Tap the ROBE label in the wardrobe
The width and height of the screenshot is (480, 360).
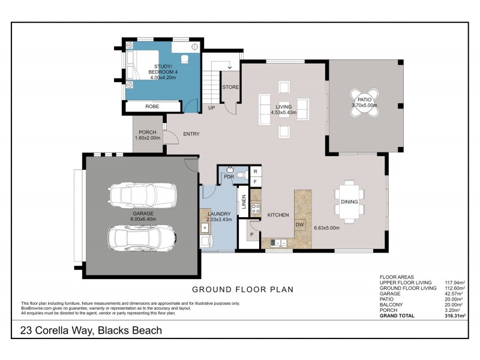tap(152, 107)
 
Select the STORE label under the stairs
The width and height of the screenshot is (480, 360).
tap(230, 87)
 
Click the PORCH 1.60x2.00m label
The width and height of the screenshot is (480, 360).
tap(148, 135)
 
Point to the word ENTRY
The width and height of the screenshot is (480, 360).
tap(191, 134)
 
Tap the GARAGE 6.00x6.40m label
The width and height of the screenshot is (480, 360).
tap(143, 216)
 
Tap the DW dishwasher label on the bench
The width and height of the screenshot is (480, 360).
tap(299, 224)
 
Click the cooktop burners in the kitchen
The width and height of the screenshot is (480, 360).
tap(254, 209)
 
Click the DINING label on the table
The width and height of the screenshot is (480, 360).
tap(349, 202)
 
